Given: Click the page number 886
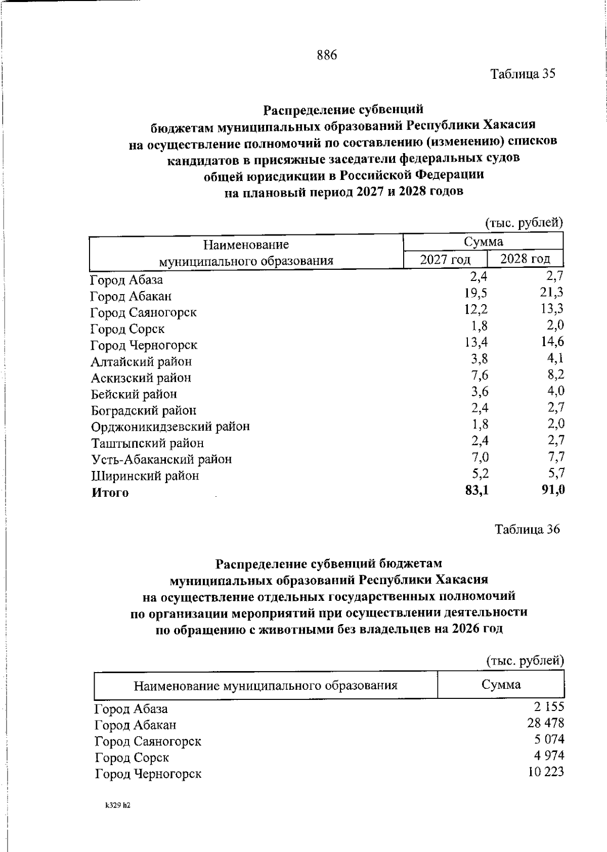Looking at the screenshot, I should point(327,55).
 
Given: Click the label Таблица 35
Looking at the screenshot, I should point(523,74).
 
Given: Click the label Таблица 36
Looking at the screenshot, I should point(527,529).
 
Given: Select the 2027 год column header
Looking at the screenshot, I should point(445,260).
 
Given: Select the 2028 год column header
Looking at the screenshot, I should point(525,259).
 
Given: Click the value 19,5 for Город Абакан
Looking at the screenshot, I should point(476,293).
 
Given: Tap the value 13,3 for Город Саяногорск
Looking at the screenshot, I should point(552,309).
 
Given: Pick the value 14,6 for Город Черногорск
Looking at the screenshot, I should point(552,342).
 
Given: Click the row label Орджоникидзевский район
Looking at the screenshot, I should point(170,427).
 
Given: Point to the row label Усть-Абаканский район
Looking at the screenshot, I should point(161,459).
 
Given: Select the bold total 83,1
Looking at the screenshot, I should point(476,490).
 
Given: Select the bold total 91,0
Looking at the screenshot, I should point(553,490).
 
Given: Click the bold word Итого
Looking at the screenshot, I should point(110,493).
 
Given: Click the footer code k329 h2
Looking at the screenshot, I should point(118,806).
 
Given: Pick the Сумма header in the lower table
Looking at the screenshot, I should point(501,685).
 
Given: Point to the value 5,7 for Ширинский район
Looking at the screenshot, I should point(556,473).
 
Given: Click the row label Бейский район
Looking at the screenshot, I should point(134,394).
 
